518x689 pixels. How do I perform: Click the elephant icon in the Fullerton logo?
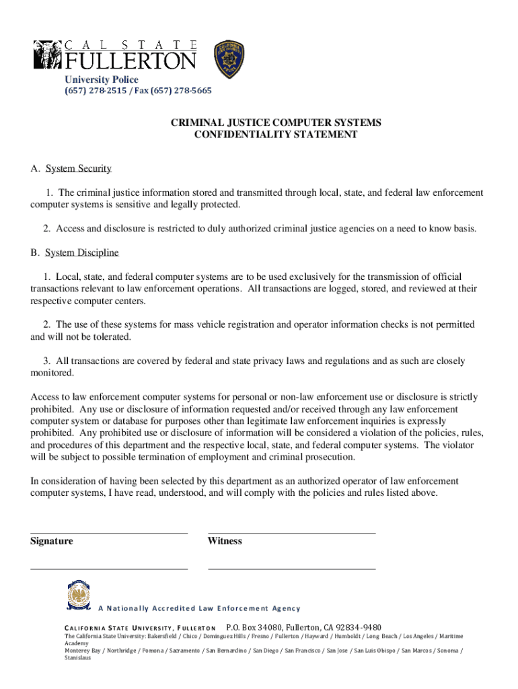coord(47,55)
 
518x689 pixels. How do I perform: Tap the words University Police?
coord(102,80)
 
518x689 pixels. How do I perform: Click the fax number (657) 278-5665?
coord(182,91)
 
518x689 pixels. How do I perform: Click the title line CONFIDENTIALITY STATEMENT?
coord(275,135)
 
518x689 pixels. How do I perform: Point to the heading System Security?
coord(78,168)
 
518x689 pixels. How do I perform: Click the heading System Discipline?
coord(81,252)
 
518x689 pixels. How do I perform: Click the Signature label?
coord(52,541)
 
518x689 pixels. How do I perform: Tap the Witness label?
coord(225,541)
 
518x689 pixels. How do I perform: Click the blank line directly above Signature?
coord(108,533)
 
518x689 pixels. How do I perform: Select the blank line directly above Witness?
coord(291,533)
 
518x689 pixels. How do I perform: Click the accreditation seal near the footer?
coord(79,596)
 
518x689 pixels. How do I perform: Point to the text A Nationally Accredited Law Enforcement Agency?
coord(199,609)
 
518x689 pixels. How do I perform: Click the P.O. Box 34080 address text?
coord(303,627)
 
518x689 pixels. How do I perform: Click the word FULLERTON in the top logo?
coord(131,61)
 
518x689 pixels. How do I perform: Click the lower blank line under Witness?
coord(291,569)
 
